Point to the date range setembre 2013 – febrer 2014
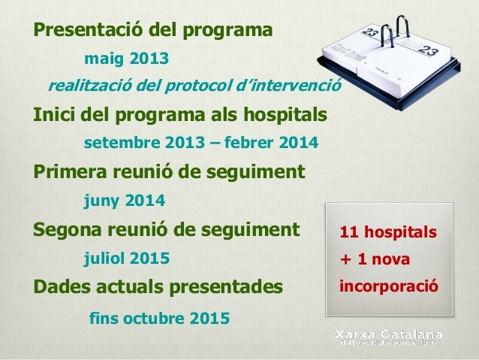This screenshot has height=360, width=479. pos(200,143)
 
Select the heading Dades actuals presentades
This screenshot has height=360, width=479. pos(158,287)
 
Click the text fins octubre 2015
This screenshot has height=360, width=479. pos(159,318)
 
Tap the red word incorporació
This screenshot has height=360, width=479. pos(387,287)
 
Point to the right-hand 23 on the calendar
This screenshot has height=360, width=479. pos(427,52)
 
